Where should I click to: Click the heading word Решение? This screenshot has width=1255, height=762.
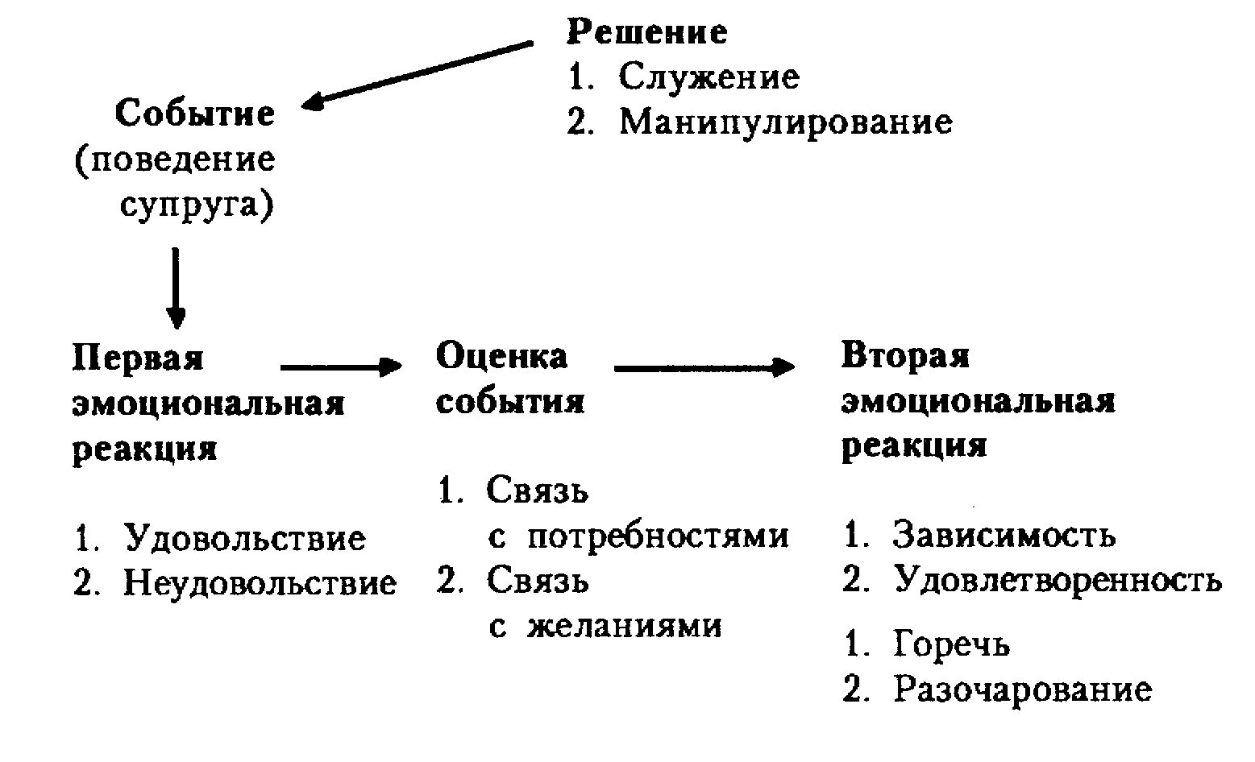[647, 32]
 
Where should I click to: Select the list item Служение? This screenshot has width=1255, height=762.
[709, 77]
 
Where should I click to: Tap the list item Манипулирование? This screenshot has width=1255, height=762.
[785, 122]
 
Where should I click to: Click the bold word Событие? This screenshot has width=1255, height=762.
[195, 114]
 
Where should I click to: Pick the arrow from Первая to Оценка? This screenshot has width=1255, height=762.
[340, 368]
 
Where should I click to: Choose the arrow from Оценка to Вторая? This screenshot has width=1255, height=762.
[704, 369]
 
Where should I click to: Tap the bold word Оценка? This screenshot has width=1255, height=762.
[501, 357]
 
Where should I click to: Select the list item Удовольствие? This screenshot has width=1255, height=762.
[244, 538]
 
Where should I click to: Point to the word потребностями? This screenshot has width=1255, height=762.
[658, 536]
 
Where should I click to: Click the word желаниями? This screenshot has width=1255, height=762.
[625, 626]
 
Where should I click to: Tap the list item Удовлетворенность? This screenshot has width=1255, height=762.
[1058, 580]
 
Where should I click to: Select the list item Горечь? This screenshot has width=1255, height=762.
[951, 644]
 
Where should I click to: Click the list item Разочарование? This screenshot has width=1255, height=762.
[1023, 690]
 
